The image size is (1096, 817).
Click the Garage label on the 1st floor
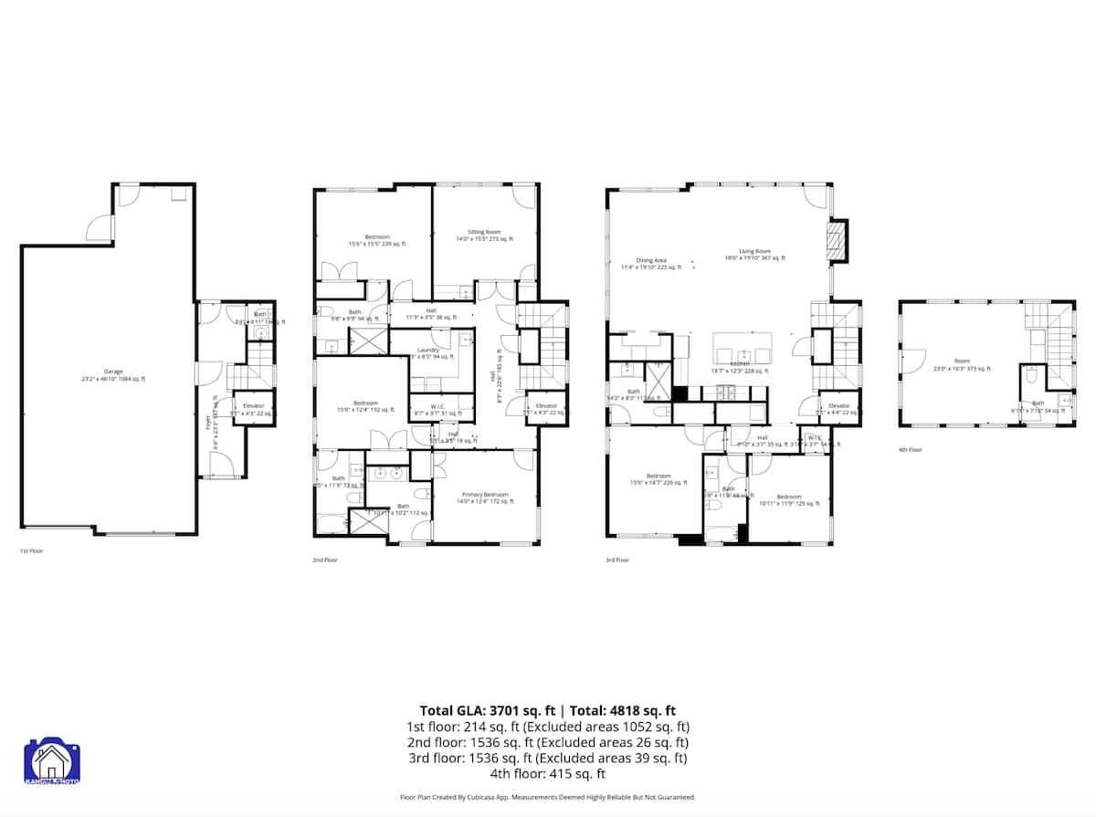(113, 372)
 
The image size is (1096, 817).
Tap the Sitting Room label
(484, 233)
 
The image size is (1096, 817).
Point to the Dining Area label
(651, 261)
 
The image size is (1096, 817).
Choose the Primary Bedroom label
(484, 495)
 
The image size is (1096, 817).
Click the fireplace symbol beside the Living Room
(837, 241)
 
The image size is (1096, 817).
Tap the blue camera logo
(52, 763)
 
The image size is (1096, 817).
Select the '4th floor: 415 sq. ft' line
(547, 774)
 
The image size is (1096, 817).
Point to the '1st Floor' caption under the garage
(31, 551)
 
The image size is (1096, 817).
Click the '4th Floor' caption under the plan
(911, 450)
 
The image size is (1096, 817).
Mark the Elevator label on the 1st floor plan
(253, 405)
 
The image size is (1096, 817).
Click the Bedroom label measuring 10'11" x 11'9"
(788, 498)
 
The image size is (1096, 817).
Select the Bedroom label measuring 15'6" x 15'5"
(377, 237)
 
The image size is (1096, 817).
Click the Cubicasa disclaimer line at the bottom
(547, 797)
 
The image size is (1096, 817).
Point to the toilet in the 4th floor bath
(1029, 375)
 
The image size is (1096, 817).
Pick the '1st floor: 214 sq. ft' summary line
(547, 727)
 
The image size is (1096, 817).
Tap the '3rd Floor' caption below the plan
(616, 560)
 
